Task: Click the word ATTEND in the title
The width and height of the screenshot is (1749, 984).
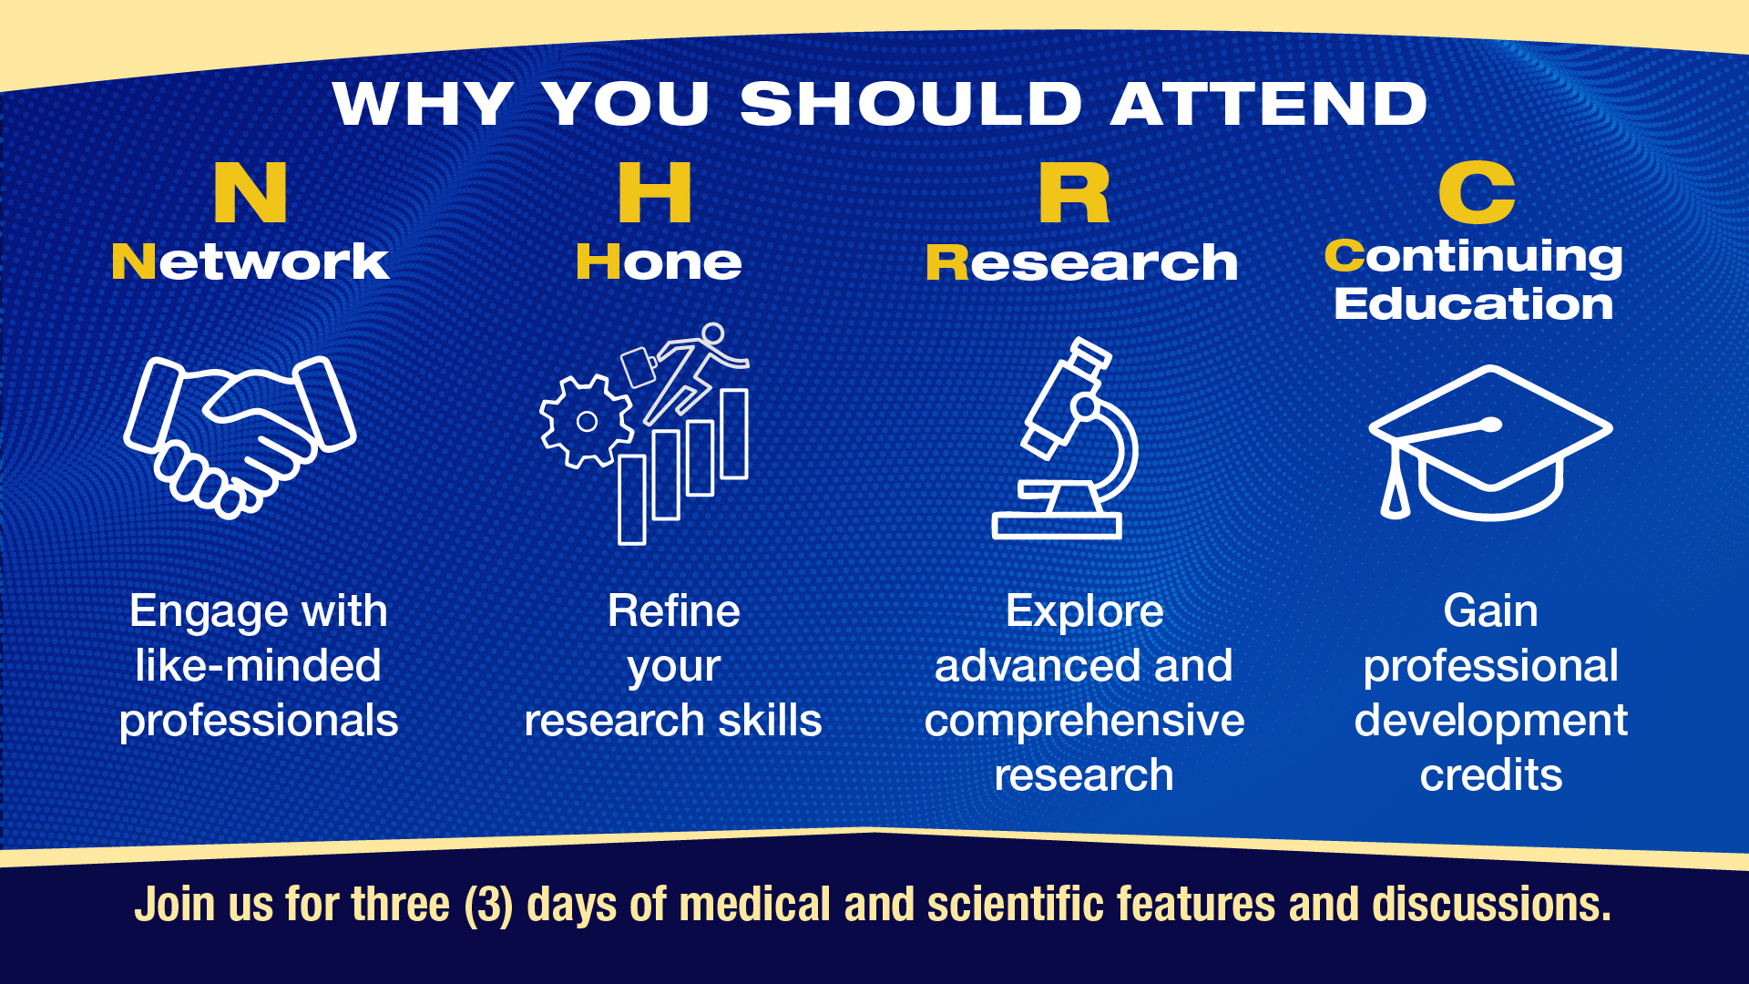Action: click(1269, 103)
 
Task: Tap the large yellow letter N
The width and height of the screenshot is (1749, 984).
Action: click(251, 192)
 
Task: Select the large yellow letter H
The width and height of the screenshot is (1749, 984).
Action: click(655, 192)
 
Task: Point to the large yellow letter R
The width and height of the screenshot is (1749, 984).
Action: click(1074, 192)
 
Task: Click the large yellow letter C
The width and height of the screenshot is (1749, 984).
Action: click(1477, 192)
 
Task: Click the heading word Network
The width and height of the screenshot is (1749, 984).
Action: click(251, 261)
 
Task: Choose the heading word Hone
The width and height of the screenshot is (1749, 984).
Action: click(659, 261)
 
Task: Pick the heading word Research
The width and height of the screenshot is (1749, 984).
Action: click(1081, 262)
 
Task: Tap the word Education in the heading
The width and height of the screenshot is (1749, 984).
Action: click(1473, 303)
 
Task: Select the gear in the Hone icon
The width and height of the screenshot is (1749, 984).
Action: click(587, 421)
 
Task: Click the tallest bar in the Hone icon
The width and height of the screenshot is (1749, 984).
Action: click(734, 434)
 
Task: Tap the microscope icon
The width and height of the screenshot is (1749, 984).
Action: click(1066, 438)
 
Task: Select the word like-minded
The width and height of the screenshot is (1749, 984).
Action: click(258, 665)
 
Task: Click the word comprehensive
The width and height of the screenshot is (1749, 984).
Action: click(1084, 722)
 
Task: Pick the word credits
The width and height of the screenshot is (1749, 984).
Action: click(1491, 774)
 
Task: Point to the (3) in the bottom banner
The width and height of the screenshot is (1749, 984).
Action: click(488, 905)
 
